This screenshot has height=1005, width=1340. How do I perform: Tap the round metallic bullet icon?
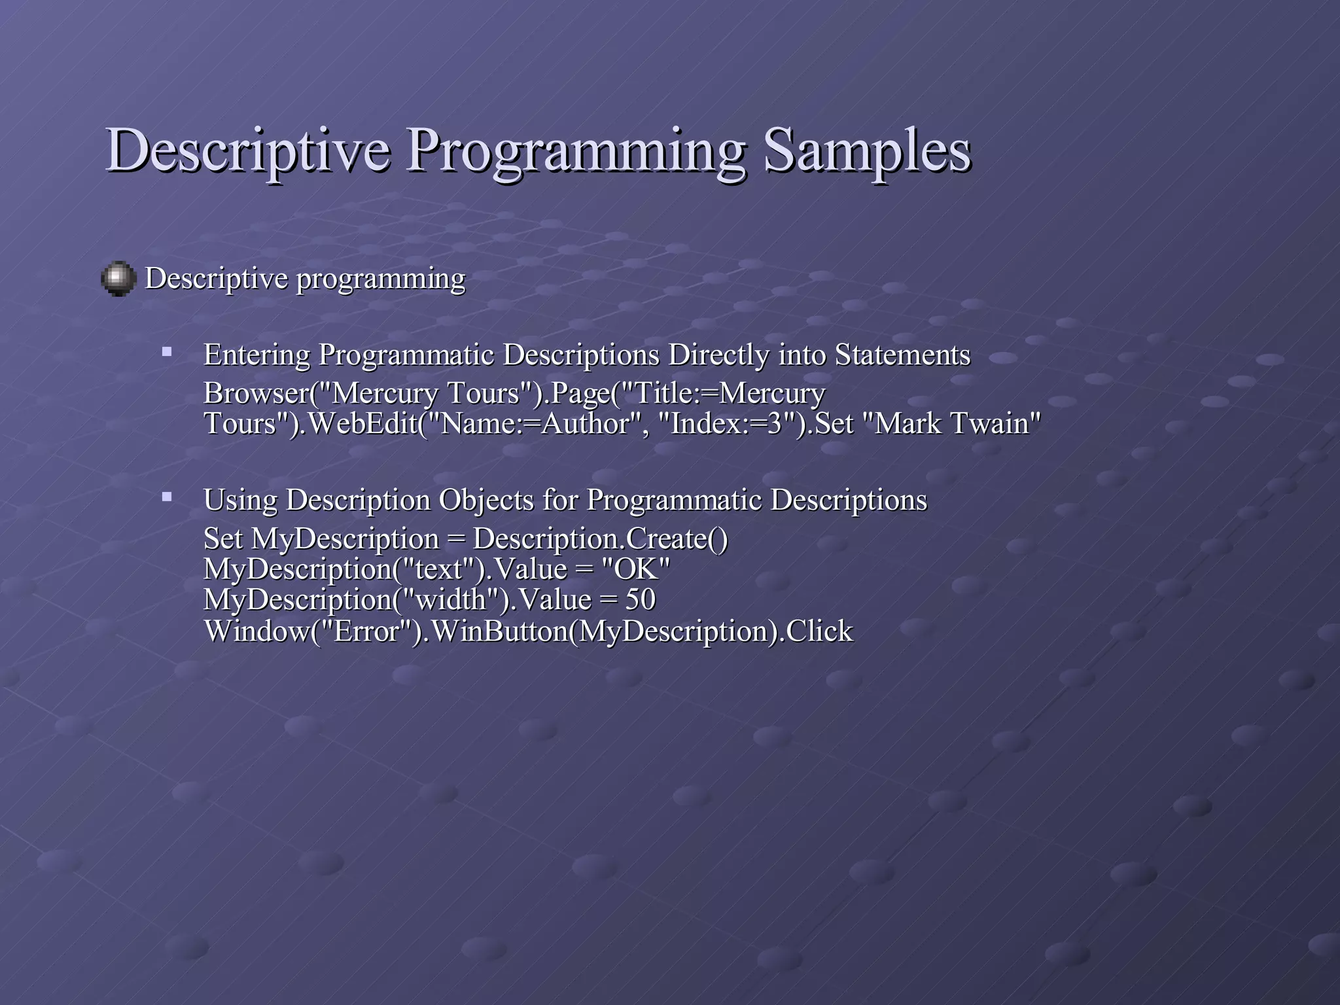coord(118,279)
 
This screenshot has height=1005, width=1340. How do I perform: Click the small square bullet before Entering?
coord(167,352)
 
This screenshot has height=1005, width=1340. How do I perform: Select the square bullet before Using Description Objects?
coord(167,497)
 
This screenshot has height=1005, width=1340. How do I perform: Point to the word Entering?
coord(256,356)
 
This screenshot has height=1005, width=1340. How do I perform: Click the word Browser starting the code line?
coord(256,393)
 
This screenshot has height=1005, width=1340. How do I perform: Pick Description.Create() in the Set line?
coord(600,539)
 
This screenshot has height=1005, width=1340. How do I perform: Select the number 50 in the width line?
coord(640,599)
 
